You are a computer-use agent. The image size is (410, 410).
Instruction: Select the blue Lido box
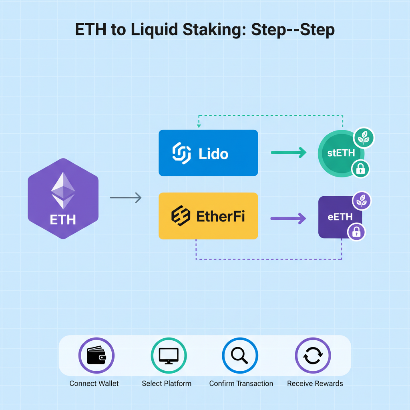(x=208, y=153)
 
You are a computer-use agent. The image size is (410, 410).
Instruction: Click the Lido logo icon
(x=181, y=153)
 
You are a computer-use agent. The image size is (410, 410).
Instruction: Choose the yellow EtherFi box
(x=208, y=216)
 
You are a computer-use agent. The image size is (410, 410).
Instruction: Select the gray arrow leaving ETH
(x=126, y=197)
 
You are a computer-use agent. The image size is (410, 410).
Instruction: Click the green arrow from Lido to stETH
(x=288, y=153)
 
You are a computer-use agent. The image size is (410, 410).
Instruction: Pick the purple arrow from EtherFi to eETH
(x=288, y=219)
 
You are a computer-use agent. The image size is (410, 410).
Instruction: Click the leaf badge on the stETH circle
(x=364, y=139)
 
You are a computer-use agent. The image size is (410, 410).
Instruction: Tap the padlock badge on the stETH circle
(x=360, y=169)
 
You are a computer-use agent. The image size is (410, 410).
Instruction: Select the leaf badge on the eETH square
(x=362, y=201)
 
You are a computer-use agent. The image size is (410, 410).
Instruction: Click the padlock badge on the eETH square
(x=356, y=232)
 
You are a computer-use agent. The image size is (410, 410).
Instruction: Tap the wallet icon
(x=96, y=355)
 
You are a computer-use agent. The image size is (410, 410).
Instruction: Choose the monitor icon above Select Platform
(x=169, y=355)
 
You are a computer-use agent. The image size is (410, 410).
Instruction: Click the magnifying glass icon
(x=240, y=355)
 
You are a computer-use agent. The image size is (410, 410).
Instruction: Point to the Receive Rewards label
(x=315, y=384)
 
